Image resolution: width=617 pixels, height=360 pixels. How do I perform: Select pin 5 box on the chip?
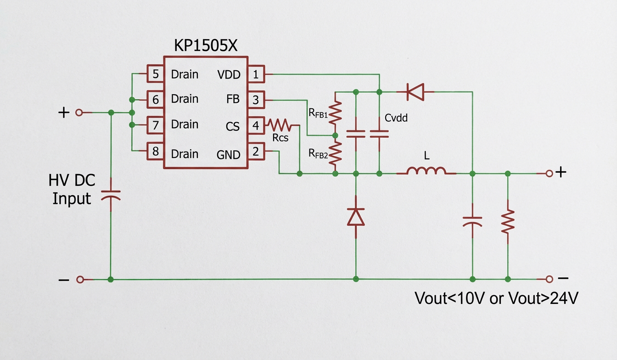156,74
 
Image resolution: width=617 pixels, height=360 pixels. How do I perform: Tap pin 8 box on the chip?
156,151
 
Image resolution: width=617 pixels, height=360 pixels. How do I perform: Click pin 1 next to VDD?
256,74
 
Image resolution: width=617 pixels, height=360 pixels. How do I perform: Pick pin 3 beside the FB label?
256,99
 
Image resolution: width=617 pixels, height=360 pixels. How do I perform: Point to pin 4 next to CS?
256,125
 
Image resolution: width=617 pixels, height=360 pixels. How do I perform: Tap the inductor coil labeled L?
426,171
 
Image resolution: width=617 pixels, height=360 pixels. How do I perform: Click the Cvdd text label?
396,118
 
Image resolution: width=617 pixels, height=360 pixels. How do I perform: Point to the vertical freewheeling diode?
356,216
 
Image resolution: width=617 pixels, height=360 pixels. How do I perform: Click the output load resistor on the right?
508,222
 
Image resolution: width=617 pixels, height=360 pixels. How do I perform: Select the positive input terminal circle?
79,112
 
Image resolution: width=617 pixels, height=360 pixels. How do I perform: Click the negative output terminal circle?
549,279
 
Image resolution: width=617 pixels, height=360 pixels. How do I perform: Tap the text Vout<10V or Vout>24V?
496,298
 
